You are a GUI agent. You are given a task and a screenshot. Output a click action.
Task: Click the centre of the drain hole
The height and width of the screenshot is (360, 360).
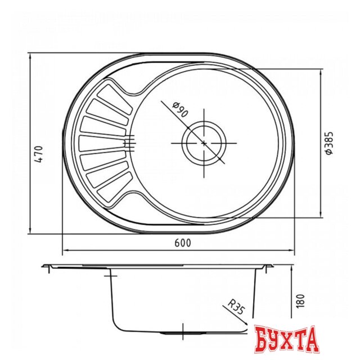click(203, 143)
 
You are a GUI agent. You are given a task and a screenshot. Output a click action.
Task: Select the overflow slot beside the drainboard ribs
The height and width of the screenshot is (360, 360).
click(129, 143)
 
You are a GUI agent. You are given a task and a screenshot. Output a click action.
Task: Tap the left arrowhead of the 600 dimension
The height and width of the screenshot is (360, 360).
click(63, 249)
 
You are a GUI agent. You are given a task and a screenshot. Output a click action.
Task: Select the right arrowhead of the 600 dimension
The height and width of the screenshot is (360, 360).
click(293, 249)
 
